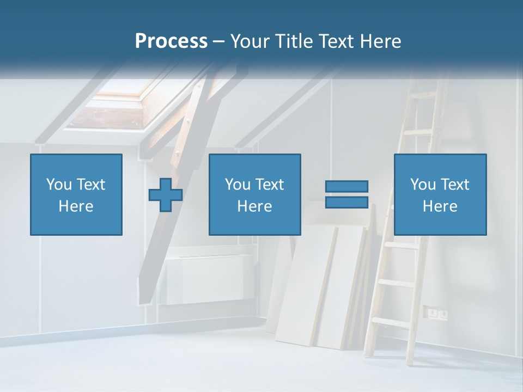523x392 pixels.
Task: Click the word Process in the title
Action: click(171, 41)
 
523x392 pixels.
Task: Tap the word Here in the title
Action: click(380, 41)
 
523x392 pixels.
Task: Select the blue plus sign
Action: click(166, 195)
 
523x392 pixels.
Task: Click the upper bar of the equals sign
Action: click(347, 186)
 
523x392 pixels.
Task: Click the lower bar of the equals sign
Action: click(347, 203)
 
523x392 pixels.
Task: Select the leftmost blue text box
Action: click(76, 195)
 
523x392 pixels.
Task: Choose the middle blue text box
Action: click(255, 195)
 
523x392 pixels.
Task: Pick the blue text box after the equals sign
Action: click(440, 195)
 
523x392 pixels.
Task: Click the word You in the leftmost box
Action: click(58, 185)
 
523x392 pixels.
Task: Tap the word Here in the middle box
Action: click(255, 206)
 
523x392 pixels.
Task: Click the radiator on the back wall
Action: click(206, 278)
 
